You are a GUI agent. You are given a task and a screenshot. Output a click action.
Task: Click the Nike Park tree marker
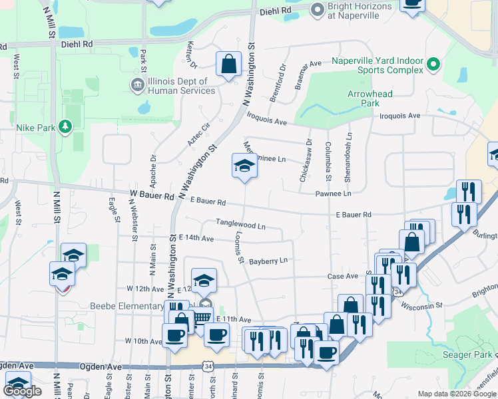pos(65,126)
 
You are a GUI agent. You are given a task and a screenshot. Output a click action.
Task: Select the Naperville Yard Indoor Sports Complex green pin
pos(433,65)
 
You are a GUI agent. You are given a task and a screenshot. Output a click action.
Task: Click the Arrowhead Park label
pos(370,98)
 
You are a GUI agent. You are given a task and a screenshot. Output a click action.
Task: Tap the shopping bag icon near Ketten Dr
pos(228,65)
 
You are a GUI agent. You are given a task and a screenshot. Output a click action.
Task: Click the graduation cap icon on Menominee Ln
pos(244,166)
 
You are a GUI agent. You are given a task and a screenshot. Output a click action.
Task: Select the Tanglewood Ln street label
pos(240,225)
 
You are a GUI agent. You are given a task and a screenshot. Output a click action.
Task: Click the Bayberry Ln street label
pos(268,261)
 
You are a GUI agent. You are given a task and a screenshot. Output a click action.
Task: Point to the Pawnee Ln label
pos(333,194)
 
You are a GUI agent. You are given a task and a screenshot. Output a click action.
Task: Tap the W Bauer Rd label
pos(152,196)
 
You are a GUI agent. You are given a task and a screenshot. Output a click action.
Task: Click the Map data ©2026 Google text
pos(456,394)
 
